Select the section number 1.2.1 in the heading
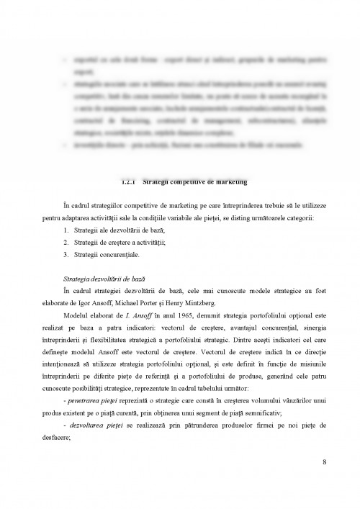pos(127,179)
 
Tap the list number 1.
pos(66,229)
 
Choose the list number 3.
pos(66,254)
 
